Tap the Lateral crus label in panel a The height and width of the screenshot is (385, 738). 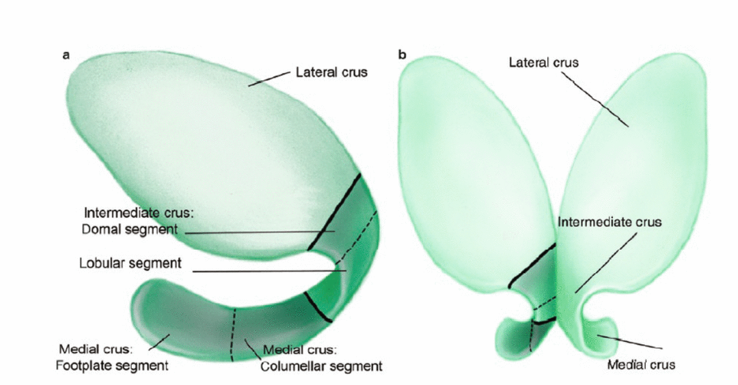coord(331,72)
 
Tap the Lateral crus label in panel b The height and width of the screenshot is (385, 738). coord(544,62)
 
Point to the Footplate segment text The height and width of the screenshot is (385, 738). coord(111,365)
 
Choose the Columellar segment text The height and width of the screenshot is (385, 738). coord(321,366)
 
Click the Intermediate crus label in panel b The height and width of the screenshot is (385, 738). coord(610,222)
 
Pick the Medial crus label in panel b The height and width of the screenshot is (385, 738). coord(641,365)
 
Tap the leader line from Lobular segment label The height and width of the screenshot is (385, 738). coord(270,272)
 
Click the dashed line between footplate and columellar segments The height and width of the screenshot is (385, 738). coord(232,334)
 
